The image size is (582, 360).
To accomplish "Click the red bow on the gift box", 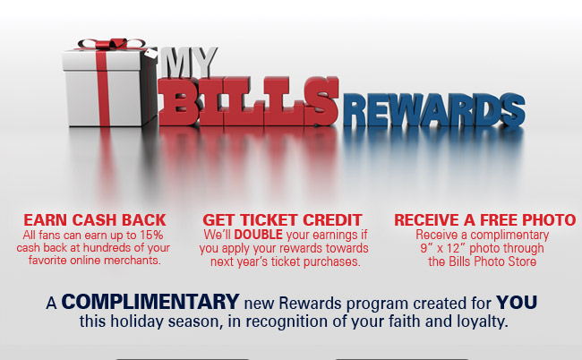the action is pyautogui.click(x=110, y=43).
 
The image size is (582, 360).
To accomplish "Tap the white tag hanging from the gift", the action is pyautogui.click(x=151, y=54).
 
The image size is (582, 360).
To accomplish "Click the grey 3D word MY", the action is pyautogui.click(x=190, y=62).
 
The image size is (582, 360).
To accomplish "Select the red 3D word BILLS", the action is pyautogui.click(x=249, y=101).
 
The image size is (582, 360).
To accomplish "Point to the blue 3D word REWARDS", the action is pyautogui.click(x=433, y=110).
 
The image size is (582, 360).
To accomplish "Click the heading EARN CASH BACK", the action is pyautogui.click(x=95, y=220).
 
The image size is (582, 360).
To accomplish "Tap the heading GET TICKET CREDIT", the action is pyautogui.click(x=282, y=220).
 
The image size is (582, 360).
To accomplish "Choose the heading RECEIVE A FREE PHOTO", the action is pyautogui.click(x=484, y=220).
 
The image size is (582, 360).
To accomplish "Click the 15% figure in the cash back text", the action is pyautogui.click(x=151, y=235).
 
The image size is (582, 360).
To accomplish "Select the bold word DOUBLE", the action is pyautogui.click(x=259, y=235).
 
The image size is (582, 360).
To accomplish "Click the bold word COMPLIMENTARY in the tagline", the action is pyautogui.click(x=150, y=302).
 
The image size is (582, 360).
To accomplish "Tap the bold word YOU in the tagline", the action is pyautogui.click(x=517, y=302).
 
